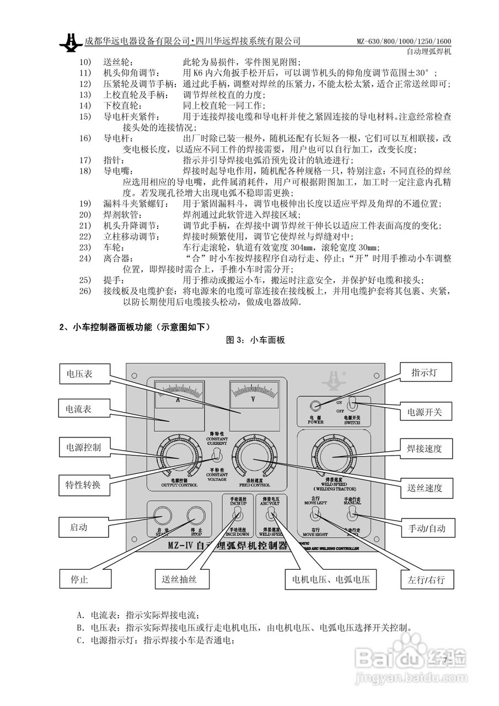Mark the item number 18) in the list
pyautogui.click(x=84, y=171)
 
